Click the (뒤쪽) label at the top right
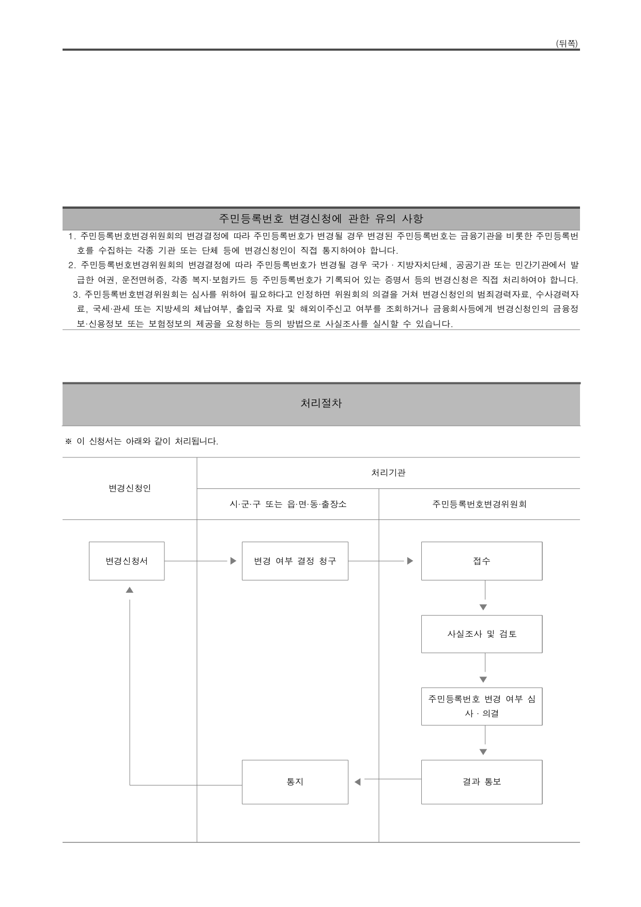(x=567, y=44)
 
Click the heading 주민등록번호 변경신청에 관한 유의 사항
(x=321, y=219)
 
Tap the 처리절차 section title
(x=321, y=404)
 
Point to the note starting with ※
(x=141, y=441)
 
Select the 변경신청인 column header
(x=130, y=488)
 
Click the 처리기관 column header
(x=388, y=472)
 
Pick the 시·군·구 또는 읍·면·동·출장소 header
(x=288, y=504)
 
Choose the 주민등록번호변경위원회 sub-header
(x=479, y=504)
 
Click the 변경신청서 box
(x=127, y=561)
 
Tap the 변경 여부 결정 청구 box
(x=295, y=561)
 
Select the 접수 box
(x=481, y=561)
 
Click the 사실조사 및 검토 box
(x=481, y=634)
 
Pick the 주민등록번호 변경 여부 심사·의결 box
(x=481, y=706)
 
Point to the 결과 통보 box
(x=481, y=782)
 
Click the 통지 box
(x=295, y=782)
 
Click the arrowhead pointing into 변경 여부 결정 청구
(x=233, y=561)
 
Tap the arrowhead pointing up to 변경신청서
(x=130, y=590)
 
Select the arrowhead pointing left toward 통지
(x=357, y=782)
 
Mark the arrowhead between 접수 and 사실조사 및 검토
(x=483, y=607)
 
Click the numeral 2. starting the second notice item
(x=72, y=266)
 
